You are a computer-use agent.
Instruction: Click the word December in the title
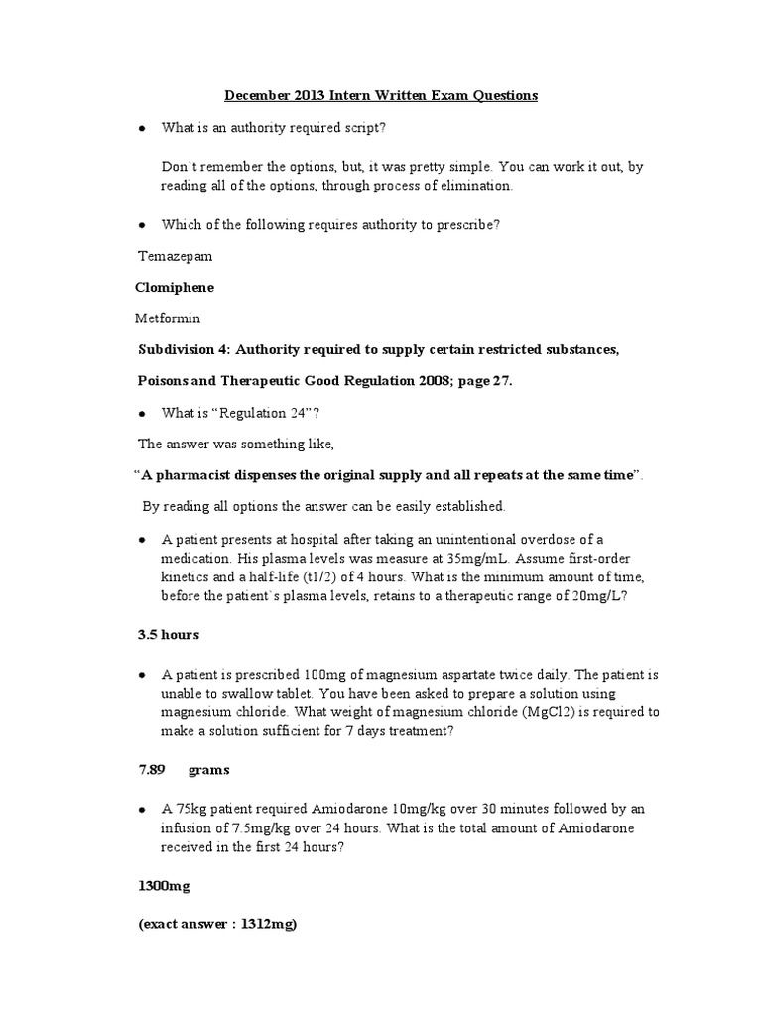tap(256, 96)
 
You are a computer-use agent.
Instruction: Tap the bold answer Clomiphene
tap(174, 287)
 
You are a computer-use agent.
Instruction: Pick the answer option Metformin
tap(168, 318)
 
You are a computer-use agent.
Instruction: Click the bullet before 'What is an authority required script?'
tap(143, 130)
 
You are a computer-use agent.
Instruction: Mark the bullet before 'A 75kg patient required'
tap(143, 810)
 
